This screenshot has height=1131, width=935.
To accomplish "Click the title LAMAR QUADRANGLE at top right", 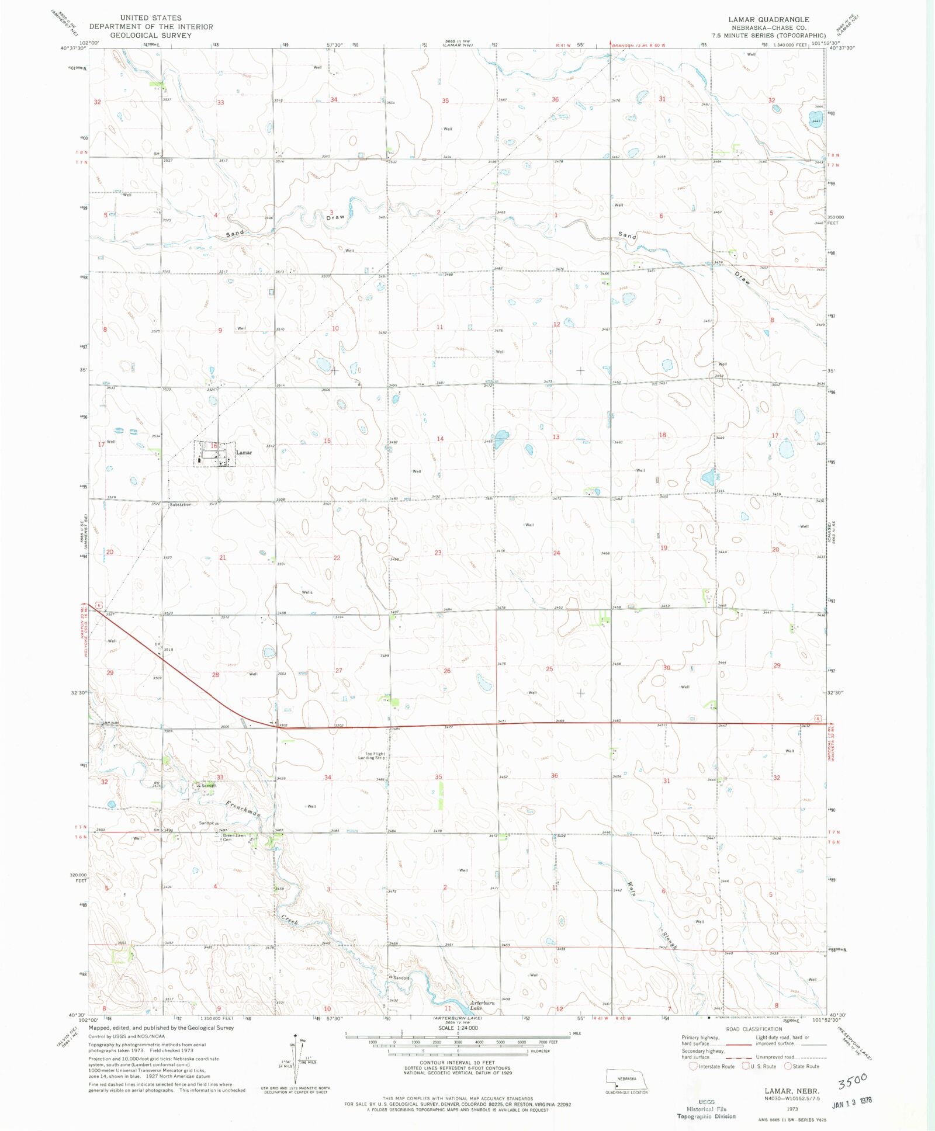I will click(768, 19).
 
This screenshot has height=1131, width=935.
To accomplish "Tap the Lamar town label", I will click(244, 453).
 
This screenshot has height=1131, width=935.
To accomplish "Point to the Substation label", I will click(181, 505).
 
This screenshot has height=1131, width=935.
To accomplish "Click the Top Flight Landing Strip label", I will click(372, 756).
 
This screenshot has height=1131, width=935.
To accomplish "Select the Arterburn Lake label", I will click(482, 1005).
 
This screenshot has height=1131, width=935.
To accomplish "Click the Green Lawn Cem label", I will click(234, 837).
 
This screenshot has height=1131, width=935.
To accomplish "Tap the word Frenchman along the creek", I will click(243, 809).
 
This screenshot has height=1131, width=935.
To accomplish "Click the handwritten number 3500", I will click(853, 1081).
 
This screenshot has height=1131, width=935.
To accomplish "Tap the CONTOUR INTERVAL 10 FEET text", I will click(457, 1063).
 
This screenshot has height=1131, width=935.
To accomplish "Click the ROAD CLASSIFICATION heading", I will click(754, 1029).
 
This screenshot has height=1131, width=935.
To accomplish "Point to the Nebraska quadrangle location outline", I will click(626, 1078).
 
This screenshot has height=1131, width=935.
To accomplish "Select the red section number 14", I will click(440, 439).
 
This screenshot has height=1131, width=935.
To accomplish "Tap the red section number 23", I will click(438, 553).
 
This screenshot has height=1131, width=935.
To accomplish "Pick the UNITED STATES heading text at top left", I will click(151, 18).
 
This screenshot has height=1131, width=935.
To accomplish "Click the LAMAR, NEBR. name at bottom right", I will click(792, 1091).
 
